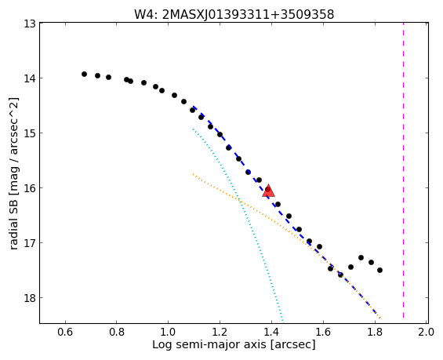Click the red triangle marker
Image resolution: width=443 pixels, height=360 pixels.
(x=268, y=191)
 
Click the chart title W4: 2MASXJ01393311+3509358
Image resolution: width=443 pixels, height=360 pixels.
(x=234, y=14)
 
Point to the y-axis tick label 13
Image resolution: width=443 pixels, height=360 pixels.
(x=29, y=24)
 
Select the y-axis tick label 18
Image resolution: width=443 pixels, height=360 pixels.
(x=29, y=298)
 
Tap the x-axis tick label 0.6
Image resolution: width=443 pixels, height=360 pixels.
(x=65, y=332)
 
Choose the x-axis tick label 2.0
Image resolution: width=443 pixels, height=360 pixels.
(x=426, y=332)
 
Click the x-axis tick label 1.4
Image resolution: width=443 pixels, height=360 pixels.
(x=271, y=332)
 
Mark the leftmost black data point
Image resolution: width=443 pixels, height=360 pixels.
(x=84, y=74)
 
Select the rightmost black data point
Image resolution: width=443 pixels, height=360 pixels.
(x=379, y=270)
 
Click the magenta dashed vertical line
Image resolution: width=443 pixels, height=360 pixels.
(x=403, y=170)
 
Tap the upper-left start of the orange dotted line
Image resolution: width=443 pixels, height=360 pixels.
(x=193, y=174)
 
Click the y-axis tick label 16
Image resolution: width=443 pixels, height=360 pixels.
(x=29, y=188)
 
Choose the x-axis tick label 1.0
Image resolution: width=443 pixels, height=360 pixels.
(x=168, y=332)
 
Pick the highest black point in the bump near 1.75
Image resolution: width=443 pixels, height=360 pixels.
(x=361, y=257)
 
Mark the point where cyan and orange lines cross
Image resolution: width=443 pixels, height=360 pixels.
(x=239, y=201)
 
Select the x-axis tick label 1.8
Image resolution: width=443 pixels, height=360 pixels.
(x=375, y=332)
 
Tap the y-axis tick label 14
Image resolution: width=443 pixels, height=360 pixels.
(x=29, y=78)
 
